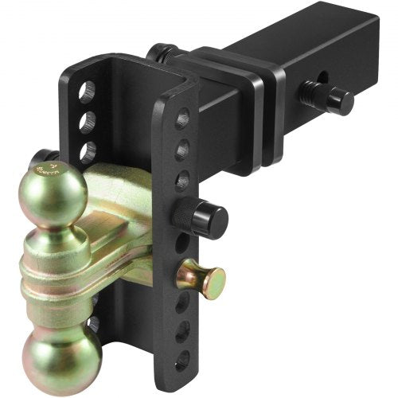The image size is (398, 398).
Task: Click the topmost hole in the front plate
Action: pos(181,119)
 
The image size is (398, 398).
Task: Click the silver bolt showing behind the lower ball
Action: pos(94,323)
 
